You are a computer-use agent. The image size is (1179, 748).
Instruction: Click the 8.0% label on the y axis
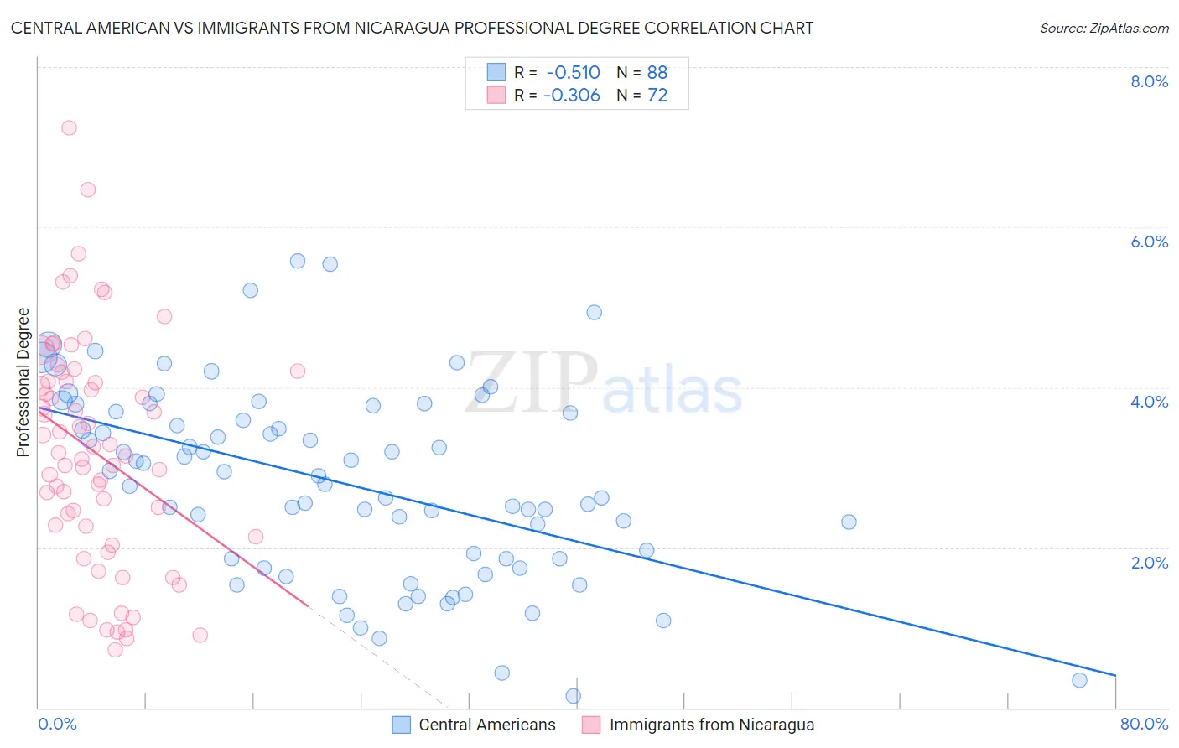(1149, 81)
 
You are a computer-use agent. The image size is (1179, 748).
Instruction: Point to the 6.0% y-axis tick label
(1149, 242)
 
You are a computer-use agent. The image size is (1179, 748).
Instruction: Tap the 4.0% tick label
(1149, 402)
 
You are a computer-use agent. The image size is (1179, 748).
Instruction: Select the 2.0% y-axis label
(1149, 563)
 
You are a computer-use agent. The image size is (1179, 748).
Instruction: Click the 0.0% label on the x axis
(57, 724)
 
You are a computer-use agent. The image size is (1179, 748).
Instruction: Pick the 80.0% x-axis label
(1144, 724)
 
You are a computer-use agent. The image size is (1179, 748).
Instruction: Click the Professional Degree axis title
(23, 382)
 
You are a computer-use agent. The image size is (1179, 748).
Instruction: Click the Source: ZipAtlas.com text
(1104, 28)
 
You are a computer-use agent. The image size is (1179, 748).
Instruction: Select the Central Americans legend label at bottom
(486, 725)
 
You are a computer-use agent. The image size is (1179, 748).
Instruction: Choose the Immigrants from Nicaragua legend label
(711, 725)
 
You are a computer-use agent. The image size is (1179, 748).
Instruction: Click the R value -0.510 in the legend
(573, 72)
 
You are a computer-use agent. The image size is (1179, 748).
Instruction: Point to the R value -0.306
(572, 95)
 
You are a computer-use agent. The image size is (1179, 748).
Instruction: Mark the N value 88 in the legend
(657, 72)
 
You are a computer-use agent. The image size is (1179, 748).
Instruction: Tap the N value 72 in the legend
(657, 95)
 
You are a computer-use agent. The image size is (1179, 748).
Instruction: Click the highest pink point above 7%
(69, 127)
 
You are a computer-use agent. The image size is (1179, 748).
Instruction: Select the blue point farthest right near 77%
(1079, 680)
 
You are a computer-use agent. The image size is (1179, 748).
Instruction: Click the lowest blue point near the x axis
(574, 696)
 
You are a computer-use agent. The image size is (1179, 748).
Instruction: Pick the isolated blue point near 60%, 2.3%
(849, 522)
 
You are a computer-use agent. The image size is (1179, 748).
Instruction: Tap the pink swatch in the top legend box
(496, 95)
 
